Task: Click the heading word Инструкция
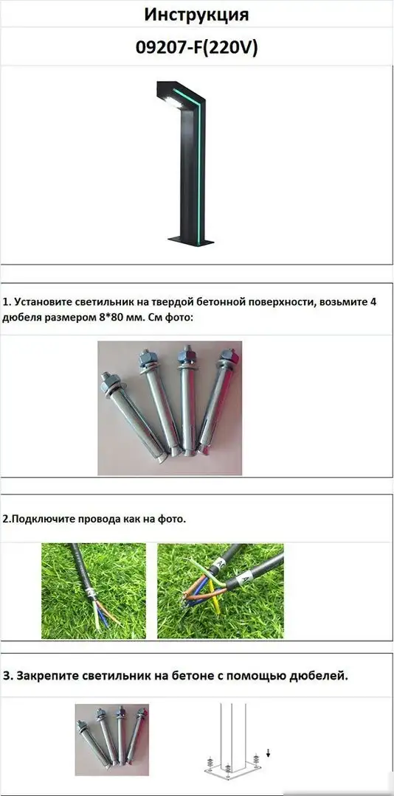point(196,14)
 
